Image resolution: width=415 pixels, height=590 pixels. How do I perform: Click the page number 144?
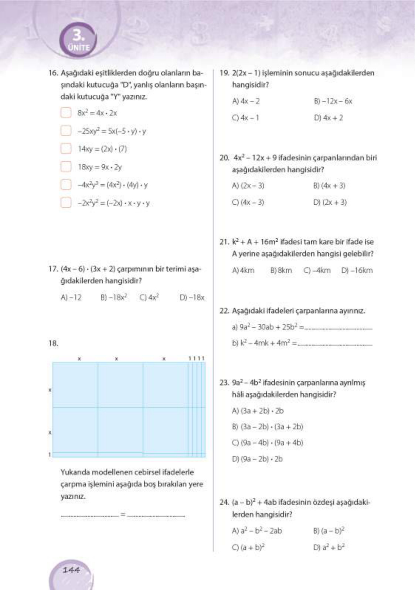[x=71, y=570]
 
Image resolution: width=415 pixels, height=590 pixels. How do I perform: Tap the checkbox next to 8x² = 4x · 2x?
[x=66, y=113]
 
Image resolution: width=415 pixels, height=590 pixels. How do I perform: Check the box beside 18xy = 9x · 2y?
[x=66, y=167]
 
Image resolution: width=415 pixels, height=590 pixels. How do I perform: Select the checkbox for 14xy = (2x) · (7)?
[x=66, y=148]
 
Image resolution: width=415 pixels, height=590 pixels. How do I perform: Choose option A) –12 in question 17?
[x=71, y=297]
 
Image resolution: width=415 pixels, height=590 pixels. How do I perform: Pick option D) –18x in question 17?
[x=192, y=297]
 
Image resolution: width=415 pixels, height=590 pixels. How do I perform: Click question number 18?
[x=53, y=343]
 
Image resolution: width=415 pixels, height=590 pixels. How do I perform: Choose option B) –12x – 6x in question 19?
[x=333, y=101]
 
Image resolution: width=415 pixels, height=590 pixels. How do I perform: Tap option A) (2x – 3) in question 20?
[x=248, y=185]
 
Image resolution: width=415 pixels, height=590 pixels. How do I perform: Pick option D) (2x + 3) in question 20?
[x=330, y=202]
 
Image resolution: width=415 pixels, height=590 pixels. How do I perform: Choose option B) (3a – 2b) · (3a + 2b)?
[x=267, y=426]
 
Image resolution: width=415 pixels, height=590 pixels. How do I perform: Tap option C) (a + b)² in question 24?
[x=248, y=547]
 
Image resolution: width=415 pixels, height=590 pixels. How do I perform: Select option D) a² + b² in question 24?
[x=329, y=547]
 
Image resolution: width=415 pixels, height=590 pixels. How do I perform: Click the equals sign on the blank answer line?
[x=123, y=514]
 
